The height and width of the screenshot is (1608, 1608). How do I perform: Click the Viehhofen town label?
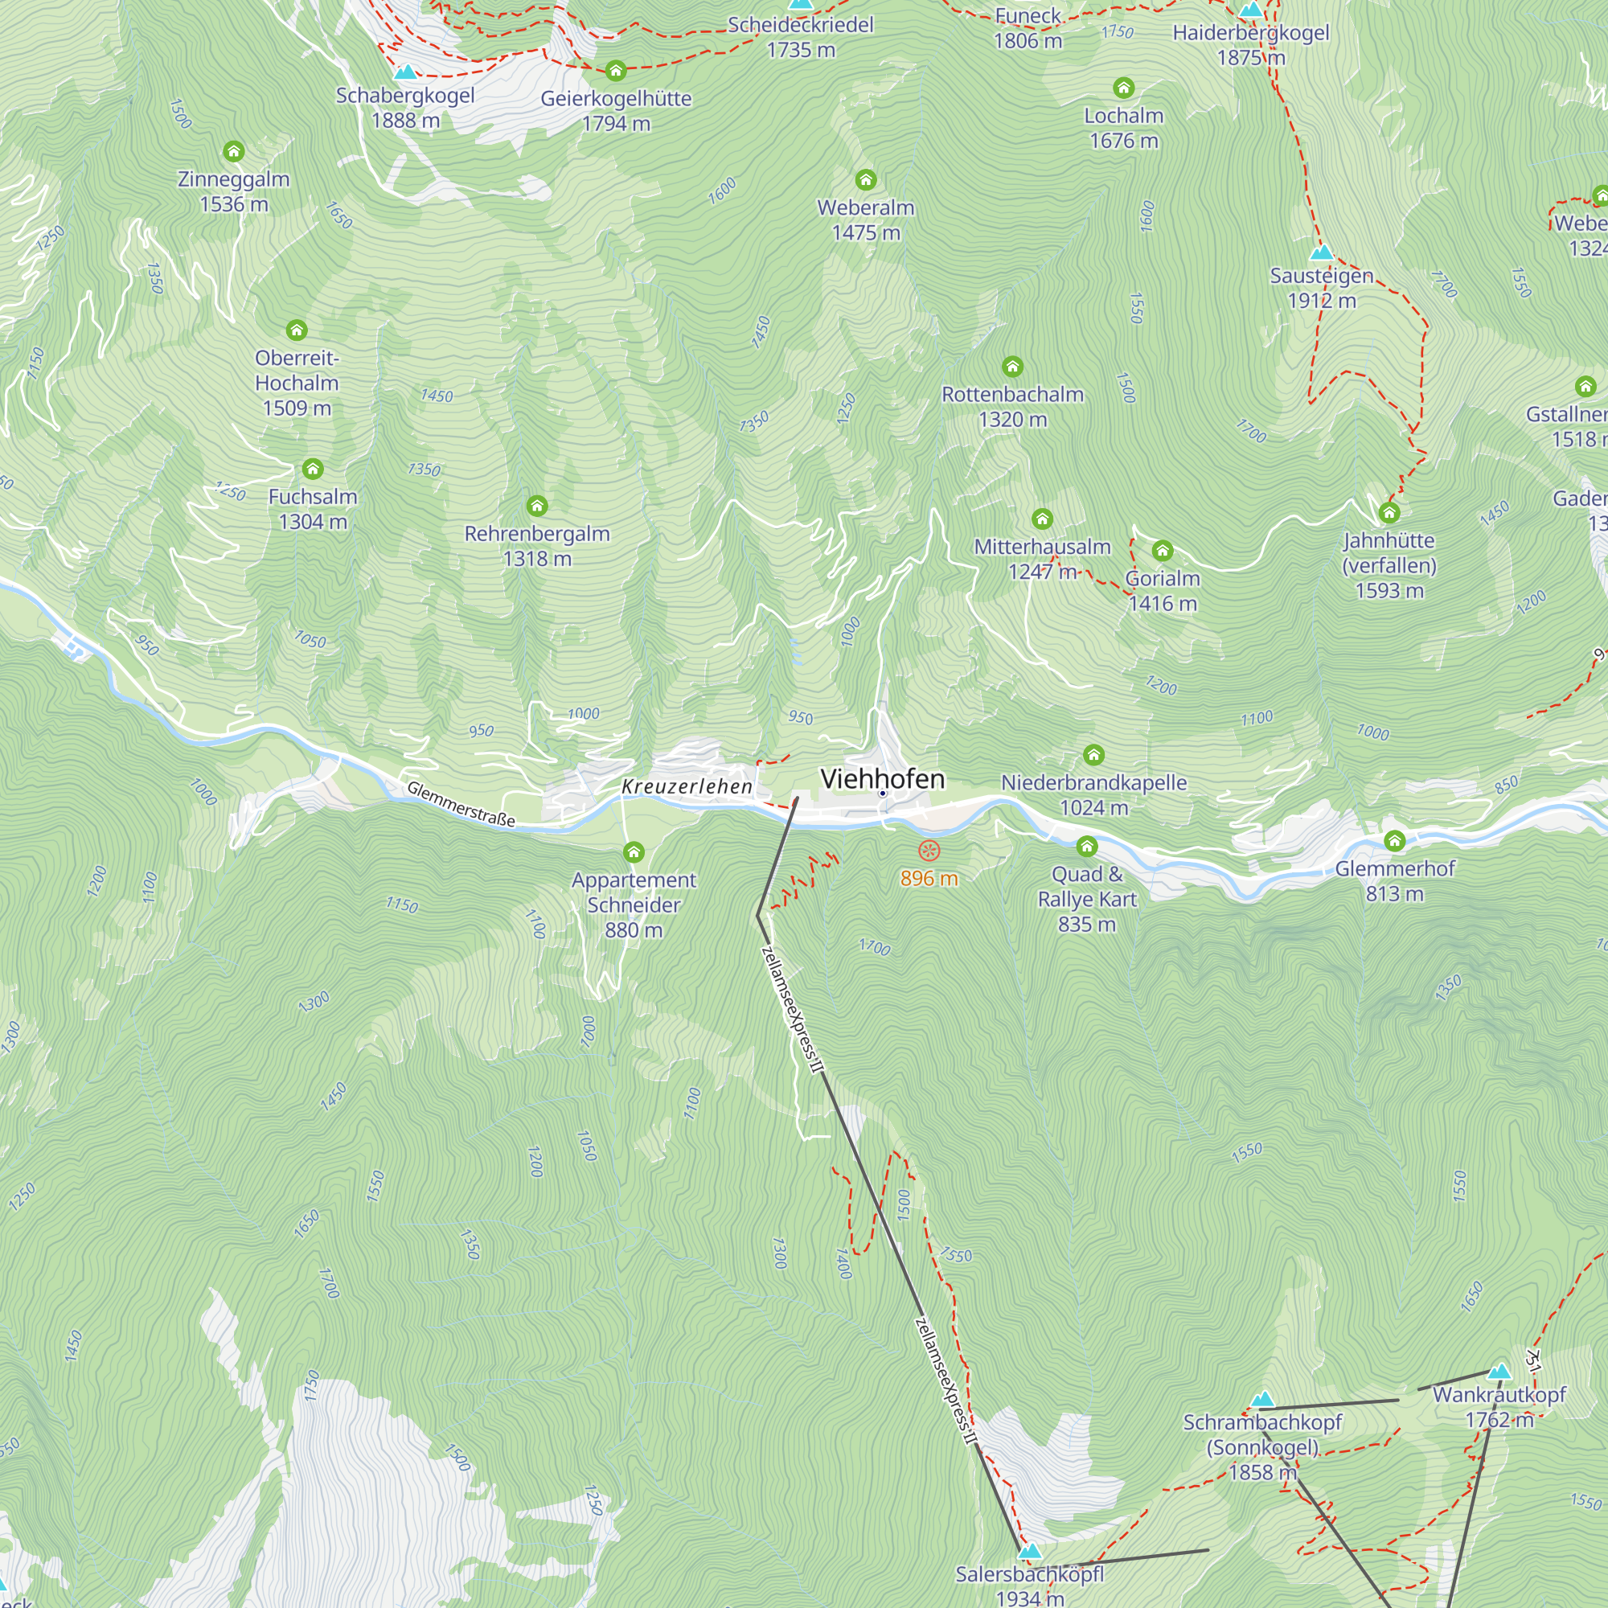[x=882, y=779]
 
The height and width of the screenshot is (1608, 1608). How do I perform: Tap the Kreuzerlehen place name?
[x=687, y=786]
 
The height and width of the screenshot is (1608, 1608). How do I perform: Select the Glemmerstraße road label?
[x=460, y=804]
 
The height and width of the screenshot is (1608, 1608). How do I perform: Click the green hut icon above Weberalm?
[x=866, y=180]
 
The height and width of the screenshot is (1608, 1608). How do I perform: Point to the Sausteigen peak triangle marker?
[x=1321, y=253]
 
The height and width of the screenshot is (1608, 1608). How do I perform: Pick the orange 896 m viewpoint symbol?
[x=929, y=851]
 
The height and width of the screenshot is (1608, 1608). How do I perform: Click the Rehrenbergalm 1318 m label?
[x=537, y=546]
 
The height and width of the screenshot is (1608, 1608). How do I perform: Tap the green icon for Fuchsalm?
[x=313, y=470]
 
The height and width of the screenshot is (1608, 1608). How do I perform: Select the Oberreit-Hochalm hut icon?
[x=297, y=330]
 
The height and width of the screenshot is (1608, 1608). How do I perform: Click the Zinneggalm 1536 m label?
[x=234, y=191]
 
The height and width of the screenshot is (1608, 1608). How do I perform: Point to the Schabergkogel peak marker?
[x=405, y=72]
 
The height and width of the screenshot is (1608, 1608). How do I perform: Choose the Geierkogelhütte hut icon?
[x=616, y=71]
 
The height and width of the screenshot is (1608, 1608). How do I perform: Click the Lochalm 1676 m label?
[x=1124, y=128]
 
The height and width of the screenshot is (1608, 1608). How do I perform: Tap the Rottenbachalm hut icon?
[x=1012, y=367]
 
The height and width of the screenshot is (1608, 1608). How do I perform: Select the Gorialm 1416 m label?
[x=1163, y=590]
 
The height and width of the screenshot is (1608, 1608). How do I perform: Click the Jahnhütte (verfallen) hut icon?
[x=1389, y=513]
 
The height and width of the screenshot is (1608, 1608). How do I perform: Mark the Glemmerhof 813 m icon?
[x=1395, y=842]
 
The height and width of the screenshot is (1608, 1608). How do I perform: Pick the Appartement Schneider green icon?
[x=634, y=852]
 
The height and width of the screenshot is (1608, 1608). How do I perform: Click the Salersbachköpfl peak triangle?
[x=1030, y=1551]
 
